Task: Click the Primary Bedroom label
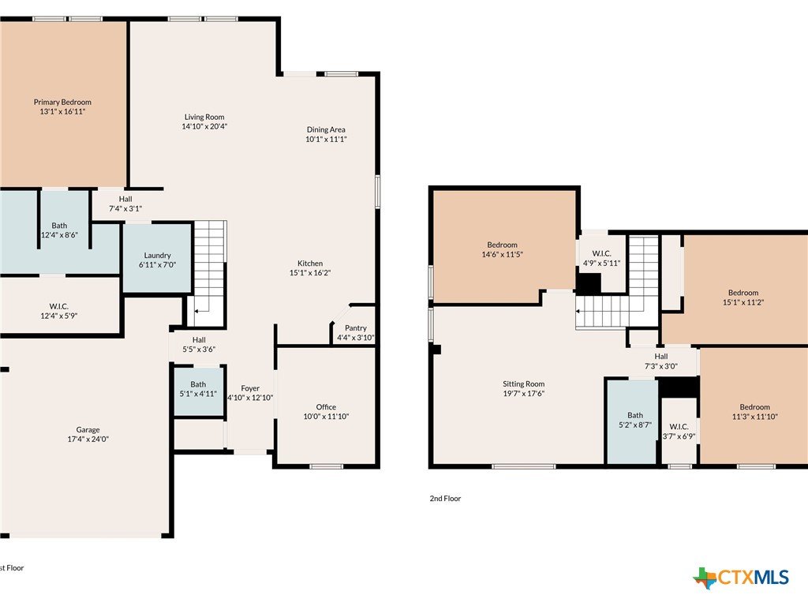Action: click(x=62, y=102)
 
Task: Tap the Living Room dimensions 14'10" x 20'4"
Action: click(x=204, y=126)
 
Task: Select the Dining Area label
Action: click(x=326, y=129)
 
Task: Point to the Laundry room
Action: click(x=157, y=256)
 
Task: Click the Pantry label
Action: click(x=356, y=327)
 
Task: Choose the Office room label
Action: click(x=326, y=406)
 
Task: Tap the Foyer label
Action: click(x=250, y=388)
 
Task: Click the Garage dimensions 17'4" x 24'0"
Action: click(x=88, y=439)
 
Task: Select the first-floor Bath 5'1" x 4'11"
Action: click(x=198, y=388)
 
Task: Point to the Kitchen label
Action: click(x=310, y=264)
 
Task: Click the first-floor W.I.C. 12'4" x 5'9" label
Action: click(x=59, y=311)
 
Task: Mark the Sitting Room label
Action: click(x=524, y=384)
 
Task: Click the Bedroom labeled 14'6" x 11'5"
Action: click(x=503, y=249)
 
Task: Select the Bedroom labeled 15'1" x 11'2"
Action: click(x=743, y=297)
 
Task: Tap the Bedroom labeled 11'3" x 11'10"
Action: click(x=755, y=412)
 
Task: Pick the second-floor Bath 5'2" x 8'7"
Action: click(x=635, y=420)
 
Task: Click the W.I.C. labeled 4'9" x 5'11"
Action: click(x=601, y=258)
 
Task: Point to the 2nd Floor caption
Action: click(x=445, y=499)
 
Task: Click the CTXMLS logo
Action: click(x=740, y=578)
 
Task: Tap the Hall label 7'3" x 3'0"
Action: click(x=661, y=361)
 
